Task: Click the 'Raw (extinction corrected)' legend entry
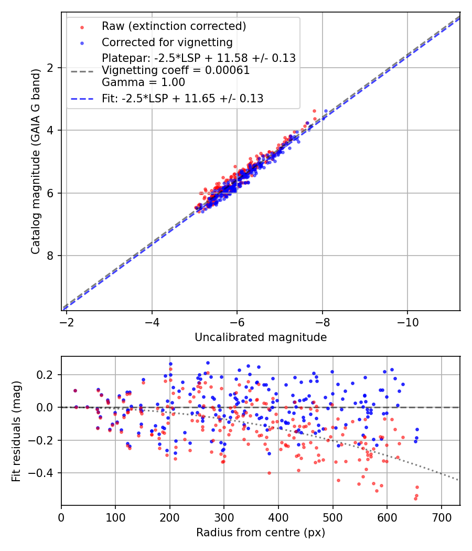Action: (x=174, y=26)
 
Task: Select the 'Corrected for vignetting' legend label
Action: (x=167, y=42)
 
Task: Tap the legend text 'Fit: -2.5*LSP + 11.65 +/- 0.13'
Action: (x=183, y=98)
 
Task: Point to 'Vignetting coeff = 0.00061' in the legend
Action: (x=176, y=70)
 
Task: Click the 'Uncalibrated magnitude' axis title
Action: (x=261, y=337)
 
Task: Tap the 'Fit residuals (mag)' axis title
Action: (x=16, y=431)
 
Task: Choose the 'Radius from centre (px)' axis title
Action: (x=261, y=533)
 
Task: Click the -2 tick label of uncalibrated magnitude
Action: (x=67, y=321)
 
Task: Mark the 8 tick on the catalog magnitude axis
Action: (x=50, y=256)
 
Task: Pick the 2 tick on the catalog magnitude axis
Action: (x=50, y=68)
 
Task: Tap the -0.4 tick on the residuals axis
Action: (x=43, y=473)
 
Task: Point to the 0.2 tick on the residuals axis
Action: (x=46, y=375)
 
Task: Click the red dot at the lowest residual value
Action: (x=415, y=498)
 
